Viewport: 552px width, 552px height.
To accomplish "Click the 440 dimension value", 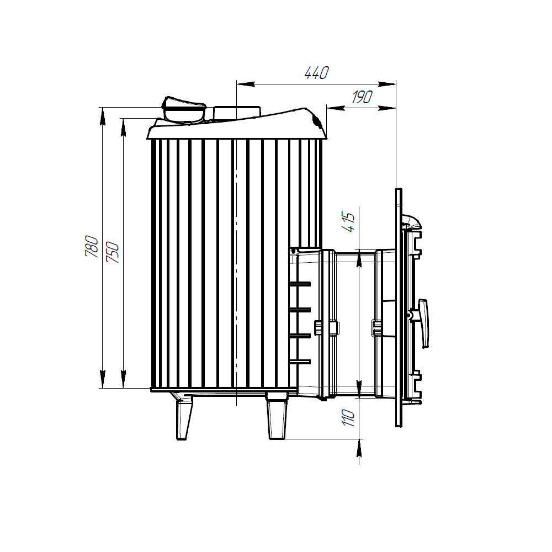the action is click(316, 72).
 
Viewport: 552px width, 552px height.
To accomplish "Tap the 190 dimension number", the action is click(362, 97).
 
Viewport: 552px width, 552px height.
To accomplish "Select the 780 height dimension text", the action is click(92, 246).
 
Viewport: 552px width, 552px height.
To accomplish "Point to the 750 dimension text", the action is click(113, 252).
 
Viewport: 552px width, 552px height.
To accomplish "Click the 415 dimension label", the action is click(349, 222).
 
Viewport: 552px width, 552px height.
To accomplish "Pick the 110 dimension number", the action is click(349, 418).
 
